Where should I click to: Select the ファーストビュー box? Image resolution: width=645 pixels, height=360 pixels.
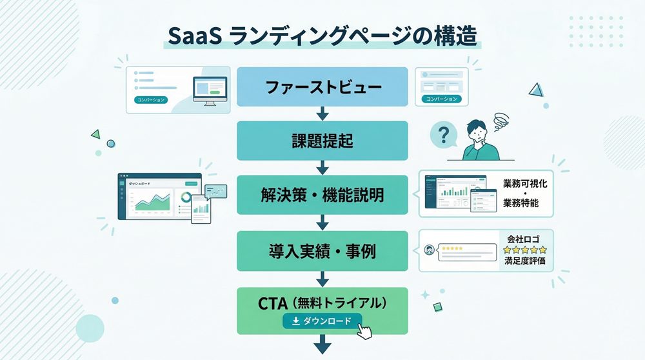(x=322, y=86)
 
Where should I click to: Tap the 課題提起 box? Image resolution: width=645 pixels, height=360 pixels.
(x=322, y=140)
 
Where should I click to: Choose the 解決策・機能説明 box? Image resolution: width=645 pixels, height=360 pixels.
(x=322, y=195)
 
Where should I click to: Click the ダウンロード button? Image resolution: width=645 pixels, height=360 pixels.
(x=322, y=321)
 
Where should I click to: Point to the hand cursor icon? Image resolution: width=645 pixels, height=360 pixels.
(x=366, y=332)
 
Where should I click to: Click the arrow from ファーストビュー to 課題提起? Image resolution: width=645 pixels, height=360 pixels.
(x=322, y=114)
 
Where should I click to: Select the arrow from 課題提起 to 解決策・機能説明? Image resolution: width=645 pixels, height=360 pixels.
(x=322, y=168)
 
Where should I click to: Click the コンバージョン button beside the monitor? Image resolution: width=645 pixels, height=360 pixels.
(x=150, y=100)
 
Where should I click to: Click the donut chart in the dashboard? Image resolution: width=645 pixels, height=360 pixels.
(x=184, y=197)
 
